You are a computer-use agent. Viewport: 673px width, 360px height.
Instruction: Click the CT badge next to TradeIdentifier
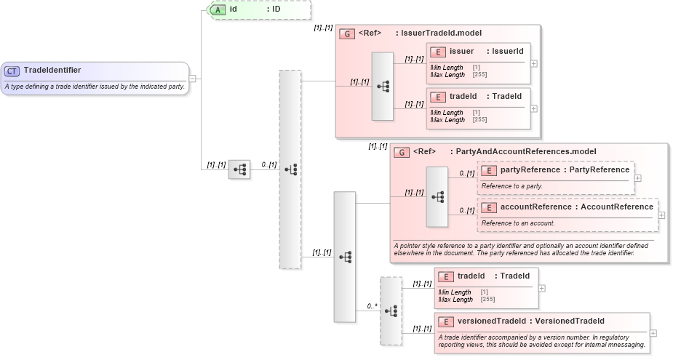[12, 71]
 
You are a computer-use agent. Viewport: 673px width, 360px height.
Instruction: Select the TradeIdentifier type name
[52, 71]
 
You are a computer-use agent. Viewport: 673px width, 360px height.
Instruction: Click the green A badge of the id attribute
[218, 10]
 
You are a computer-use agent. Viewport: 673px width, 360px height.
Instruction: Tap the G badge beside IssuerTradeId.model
[347, 33]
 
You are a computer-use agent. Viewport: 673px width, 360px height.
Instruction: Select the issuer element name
[461, 52]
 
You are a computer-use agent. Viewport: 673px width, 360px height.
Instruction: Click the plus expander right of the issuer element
[534, 63]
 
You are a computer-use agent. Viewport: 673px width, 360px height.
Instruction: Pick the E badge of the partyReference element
[489, 170]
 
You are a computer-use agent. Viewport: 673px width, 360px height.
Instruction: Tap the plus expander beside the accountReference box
[661, 215]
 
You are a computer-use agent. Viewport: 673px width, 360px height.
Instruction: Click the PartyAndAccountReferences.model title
[525, 152]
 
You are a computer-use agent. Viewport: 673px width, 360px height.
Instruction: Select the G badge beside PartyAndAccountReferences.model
[402, 152]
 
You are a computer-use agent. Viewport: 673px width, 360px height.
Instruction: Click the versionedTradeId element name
[491, 321]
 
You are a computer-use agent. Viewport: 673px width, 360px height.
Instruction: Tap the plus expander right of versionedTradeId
[653, 333]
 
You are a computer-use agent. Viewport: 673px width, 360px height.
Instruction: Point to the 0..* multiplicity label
[372, 306]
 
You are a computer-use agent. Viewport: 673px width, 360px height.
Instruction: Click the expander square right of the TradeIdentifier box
[193, 79]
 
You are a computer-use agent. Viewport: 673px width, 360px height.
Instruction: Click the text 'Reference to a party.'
[511, 186]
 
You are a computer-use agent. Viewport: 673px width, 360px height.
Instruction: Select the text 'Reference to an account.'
[517, 223]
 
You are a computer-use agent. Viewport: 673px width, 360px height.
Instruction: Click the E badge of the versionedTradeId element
[446, 321]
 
